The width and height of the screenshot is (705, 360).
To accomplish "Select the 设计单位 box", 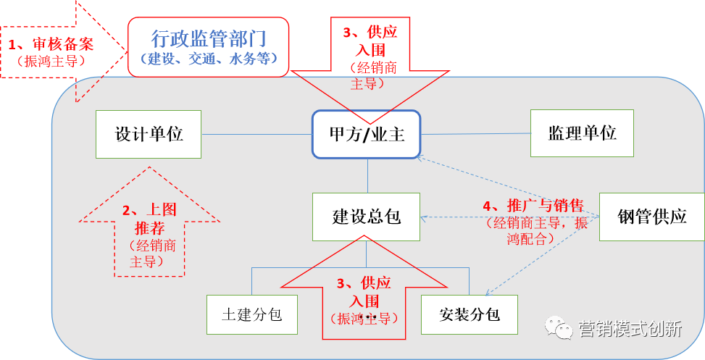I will click(149, 134).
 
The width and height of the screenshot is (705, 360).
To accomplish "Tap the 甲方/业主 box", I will click(366, 134).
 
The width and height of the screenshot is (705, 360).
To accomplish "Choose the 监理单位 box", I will click(582, 133).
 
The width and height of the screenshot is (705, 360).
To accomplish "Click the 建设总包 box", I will click(366, 217).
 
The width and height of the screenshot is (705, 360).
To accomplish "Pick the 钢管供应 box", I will click(651, 217).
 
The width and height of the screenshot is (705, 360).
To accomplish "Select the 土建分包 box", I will click(251, 314).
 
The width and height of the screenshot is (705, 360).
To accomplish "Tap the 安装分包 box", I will click(470, 314).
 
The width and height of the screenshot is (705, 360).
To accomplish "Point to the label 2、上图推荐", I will click(149, 218).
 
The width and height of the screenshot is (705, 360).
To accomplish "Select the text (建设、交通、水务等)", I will click(209, 59).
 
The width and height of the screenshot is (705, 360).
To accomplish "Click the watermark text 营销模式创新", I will click(630, 330).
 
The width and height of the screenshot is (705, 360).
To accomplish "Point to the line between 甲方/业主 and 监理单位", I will click(475, 133).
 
